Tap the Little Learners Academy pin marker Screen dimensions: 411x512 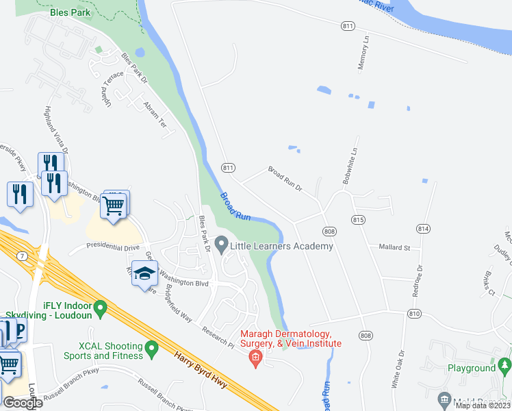coord(221,244)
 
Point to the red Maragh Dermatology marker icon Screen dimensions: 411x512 coord(255,356)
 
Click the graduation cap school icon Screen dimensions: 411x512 coord(144,274)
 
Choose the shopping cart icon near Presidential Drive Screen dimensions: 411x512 coord(113,205)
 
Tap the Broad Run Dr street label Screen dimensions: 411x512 coord(285,178)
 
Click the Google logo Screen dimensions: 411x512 coord(23,402)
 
